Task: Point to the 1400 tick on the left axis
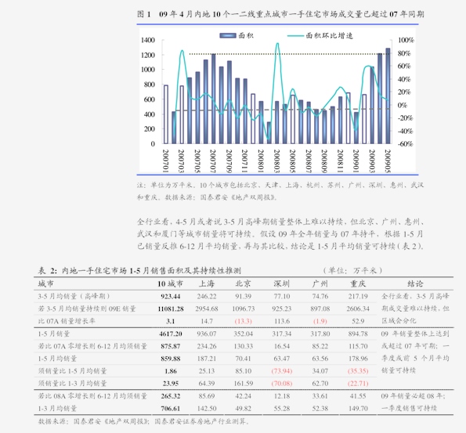(x=147, y=40)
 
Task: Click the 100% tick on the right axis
(x=406, y=40)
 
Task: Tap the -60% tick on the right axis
(x=406, y=144)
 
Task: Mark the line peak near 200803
(x=277, y=45)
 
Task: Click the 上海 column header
(x=207, y=283)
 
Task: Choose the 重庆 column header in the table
(x=358, y=283)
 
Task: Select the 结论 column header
(x=415, y=283)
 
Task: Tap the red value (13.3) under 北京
(x=242, y=321)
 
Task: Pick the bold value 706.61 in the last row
(x=171, y=408)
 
